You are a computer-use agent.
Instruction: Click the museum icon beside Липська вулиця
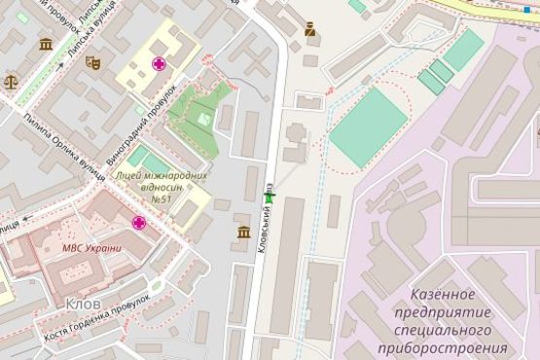click(x=46, y=44)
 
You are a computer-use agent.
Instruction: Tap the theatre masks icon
click(x=92, y=62)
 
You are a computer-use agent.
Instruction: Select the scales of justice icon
click(x=11, y=83)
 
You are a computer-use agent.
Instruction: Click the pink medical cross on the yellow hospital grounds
click(x=158, y=63)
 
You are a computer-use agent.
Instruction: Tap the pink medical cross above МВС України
click(x=140, y=223)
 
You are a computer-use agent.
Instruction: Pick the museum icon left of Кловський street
click(x=243, y=232)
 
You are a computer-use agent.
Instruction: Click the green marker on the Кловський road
click(x=270, y=197)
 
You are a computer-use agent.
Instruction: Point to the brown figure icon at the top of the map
click(x=310, y=29)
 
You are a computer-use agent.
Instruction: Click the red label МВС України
click(x=91, y=247)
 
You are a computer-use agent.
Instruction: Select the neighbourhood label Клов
click(x=84, y=304)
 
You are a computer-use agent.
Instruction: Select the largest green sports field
click(x=368, y=127)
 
